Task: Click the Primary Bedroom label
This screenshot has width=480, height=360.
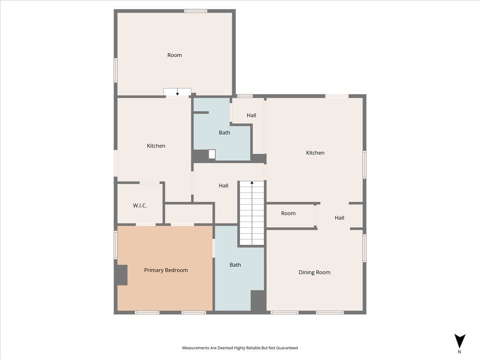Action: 166,270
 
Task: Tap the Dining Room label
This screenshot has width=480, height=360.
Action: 314,272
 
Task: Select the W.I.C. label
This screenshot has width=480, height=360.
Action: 140,206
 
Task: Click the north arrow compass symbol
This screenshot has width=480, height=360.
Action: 460,341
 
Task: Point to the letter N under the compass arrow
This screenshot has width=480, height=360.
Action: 460,352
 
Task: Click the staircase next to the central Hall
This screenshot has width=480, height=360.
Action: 252,213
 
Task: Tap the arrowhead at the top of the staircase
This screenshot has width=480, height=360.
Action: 252,182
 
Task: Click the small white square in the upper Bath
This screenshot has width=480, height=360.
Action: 212,154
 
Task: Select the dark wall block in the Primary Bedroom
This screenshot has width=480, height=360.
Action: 122,275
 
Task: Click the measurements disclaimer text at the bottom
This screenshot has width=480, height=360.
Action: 240,348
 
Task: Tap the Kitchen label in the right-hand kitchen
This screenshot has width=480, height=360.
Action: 315,153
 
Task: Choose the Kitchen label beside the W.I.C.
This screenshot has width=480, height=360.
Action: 156,146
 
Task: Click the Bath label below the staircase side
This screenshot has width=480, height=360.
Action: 235,265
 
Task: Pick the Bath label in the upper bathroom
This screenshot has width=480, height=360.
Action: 224,133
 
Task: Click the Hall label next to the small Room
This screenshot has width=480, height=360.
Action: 339,218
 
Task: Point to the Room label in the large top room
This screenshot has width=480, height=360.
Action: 174,55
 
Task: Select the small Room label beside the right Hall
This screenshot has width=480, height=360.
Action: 288,213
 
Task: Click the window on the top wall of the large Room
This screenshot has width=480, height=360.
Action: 196,11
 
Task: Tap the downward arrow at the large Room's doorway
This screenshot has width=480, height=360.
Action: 177,92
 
